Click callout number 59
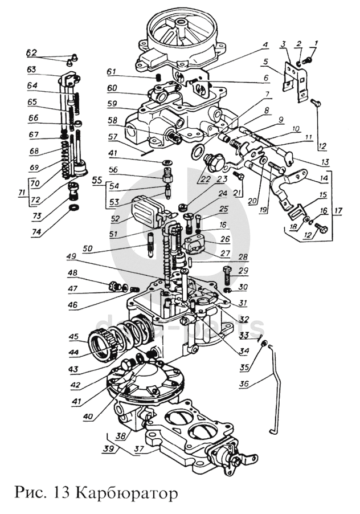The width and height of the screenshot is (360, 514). click(x=113, y=104)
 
